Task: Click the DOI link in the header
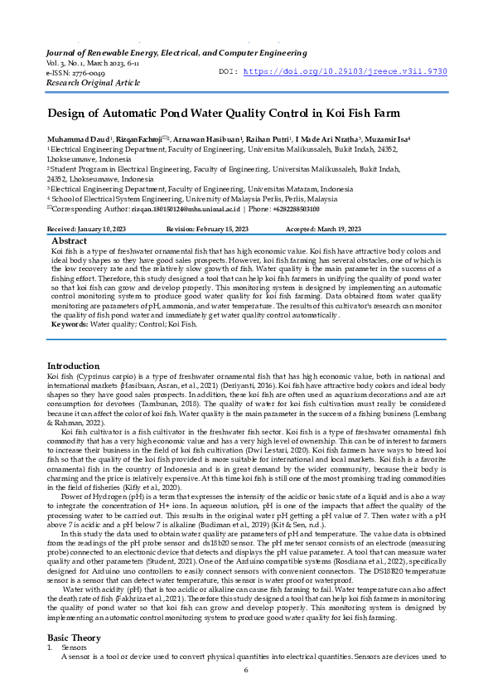click(x=364, y=71)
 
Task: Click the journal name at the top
click(x=176, y=53)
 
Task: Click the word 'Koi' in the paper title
click(x=336, y=113)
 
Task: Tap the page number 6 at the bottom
click(x=246, y=670)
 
